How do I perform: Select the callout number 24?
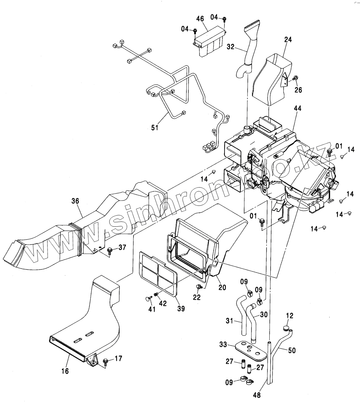click(288, 40)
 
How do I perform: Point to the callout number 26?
click(299, 90)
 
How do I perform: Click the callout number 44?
click(298, 108)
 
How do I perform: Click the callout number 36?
click(75, 201)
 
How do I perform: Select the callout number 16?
click(65, 371)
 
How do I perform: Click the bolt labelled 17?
click(105, 361)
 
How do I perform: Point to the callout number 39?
click(181, 309)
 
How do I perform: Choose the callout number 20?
click(222, 287)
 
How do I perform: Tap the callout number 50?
click(292, 351)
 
